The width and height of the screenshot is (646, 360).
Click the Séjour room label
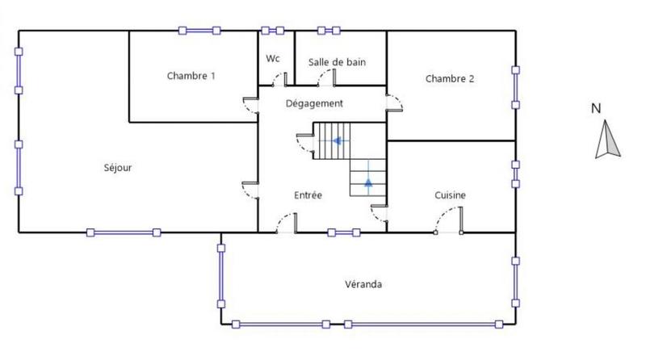click(x=118, y=169)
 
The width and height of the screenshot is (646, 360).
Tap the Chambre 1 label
click(x=191, y=77)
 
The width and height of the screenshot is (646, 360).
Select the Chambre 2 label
click(x=449, y=78)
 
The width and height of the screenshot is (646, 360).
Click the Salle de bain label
click(x=338, y=62)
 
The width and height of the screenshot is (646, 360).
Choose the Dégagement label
click(x=315, y=103)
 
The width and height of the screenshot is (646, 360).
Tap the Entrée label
click(x=308, y=195)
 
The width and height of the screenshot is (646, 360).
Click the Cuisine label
click(x=450, y=195)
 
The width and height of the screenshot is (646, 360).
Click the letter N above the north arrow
click(x=595, y=108)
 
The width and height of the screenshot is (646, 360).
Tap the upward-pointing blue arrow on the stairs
click(x=368, y=182)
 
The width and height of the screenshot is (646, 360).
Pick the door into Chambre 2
click(x=396, y=103)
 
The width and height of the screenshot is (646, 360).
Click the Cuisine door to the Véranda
click(x=449, y=220)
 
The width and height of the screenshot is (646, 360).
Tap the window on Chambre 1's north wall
click(x=200, y=31)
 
